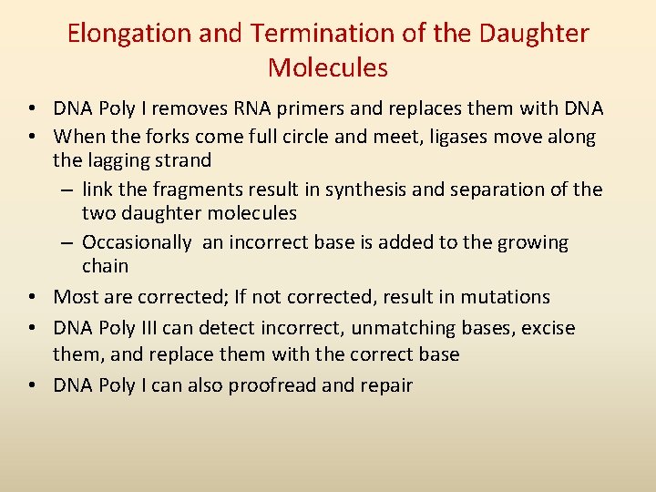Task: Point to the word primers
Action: [310, 108]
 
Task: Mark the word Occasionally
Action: [137, 242]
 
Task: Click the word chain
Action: [105, 267]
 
